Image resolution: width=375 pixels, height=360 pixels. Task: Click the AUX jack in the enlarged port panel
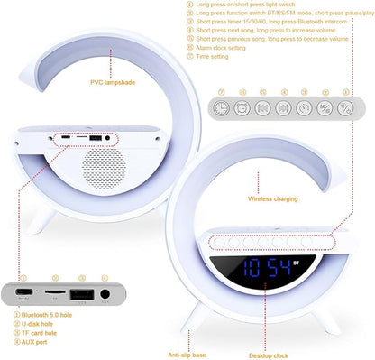pos(105,293)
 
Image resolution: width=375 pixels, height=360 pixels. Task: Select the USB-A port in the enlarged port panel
pos(81,293)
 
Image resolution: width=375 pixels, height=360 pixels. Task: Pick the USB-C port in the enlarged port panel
pos(25,293)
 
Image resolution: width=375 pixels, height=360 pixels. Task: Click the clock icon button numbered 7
pos(221,107)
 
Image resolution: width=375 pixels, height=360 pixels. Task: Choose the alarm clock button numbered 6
pos(242,107)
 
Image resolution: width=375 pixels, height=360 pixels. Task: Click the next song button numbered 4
pos(284,107)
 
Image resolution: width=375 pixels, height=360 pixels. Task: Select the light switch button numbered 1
pos(347,107)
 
